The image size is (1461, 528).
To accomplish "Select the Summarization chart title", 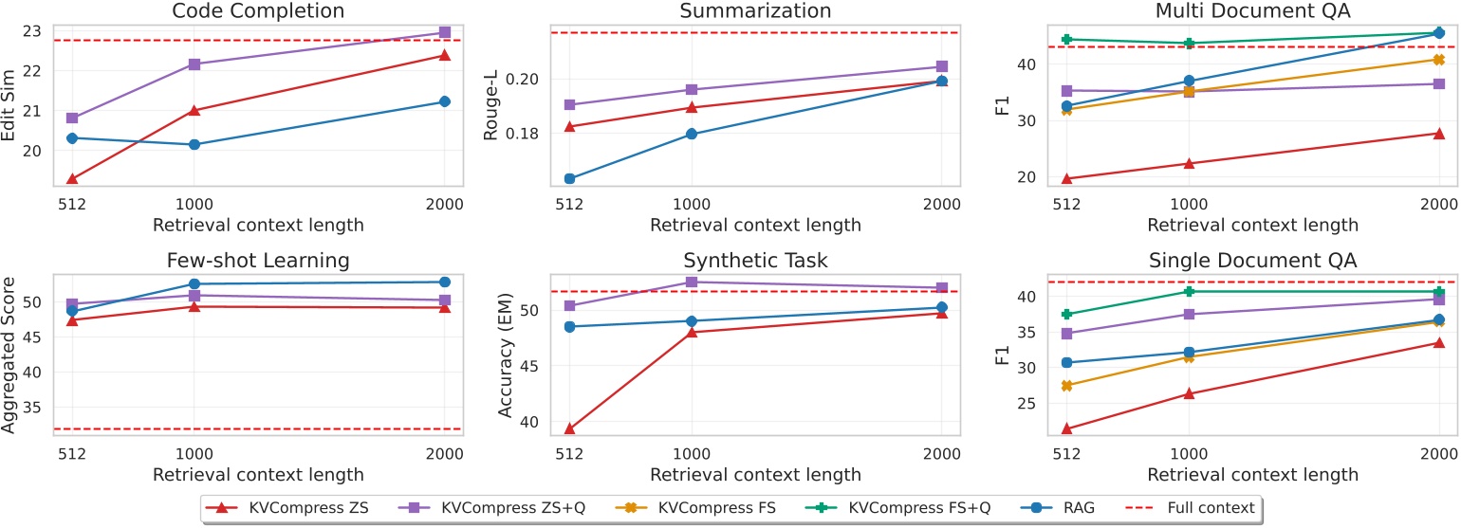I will [755, 11].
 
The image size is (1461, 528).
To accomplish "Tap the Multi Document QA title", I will [1252, 11].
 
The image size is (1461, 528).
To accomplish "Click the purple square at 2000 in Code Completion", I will [444, 32].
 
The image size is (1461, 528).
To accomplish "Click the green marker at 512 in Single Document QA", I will [1066, 314].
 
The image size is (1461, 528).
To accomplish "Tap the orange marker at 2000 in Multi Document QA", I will [1438, 60].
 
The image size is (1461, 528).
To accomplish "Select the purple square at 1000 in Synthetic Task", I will [692, 282].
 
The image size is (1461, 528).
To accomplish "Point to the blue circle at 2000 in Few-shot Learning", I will [444, 282].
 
